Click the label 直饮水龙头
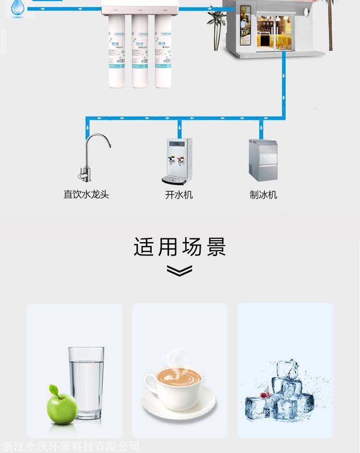tap(86, 195)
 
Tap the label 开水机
tap(179, 195)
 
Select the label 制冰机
tap(263, 195)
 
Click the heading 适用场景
tap(180, 247)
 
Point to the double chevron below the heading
tap(180, 271)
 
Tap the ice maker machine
tap(263, 160)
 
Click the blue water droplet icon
tap(18, 8)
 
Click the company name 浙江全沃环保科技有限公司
tap(71, 447)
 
